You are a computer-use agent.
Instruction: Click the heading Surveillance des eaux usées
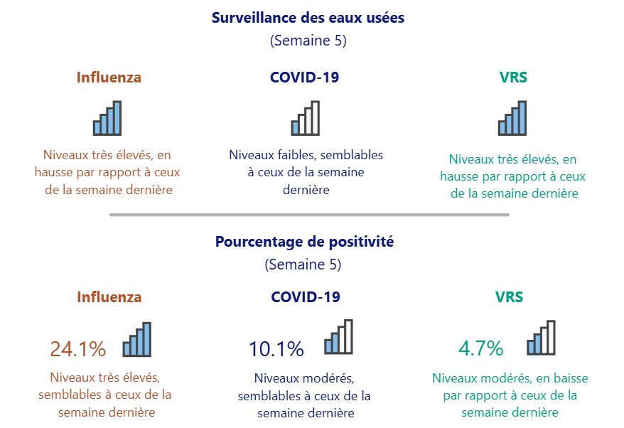tap(308, 18)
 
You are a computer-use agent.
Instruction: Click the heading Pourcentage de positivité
tap(304, 241)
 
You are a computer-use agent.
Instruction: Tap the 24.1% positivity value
tap(78, 349)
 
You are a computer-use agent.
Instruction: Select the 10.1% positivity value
tap(276, 349)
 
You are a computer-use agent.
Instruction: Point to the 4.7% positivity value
tap(480, 348)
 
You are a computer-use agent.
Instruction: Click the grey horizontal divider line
tap(309, 215)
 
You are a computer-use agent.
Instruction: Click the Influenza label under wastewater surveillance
tap(109, 77)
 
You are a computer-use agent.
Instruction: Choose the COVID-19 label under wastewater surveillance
tap(304, 77)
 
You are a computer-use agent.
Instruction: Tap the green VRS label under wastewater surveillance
tap(513, 77)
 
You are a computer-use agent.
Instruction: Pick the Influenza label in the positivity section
tap(109, 297)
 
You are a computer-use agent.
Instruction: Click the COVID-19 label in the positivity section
tap(305, 297)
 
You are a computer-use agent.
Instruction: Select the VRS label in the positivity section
tap(509, 297)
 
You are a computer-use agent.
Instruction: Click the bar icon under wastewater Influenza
tap(107, 118)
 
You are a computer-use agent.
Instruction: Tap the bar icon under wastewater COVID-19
tap(306, 118)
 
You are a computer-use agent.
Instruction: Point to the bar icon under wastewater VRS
tap(512, 118)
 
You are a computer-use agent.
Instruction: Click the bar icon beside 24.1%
tap(137, 339)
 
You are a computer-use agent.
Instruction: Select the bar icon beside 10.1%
tap(338, 337)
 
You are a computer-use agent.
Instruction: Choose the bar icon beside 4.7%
tap(541, 338)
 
